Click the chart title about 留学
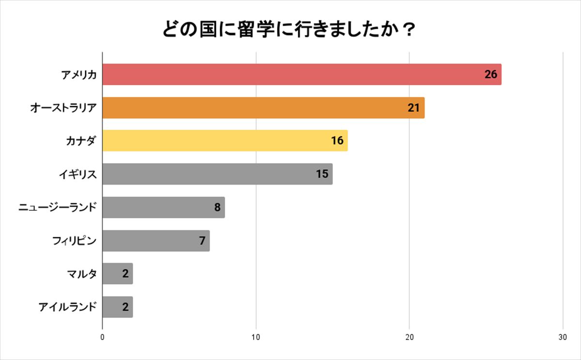pos(289,30)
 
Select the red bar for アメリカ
pos(290,75)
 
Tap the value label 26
pos(491,75)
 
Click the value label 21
pos(413,108)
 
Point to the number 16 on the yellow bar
pos(337,141)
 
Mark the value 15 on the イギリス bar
pos(322,174)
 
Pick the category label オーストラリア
pos(63,108)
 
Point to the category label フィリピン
pos(74,241)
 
